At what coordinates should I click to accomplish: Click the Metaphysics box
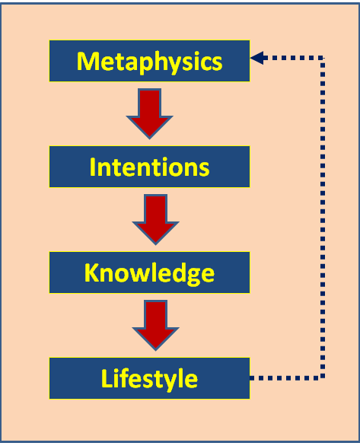149,61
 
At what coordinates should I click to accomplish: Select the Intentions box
149,166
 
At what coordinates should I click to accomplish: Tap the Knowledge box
149,272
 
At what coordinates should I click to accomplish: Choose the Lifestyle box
149,378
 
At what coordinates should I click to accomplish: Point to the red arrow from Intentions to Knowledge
155,218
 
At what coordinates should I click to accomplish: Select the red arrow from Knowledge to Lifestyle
155,324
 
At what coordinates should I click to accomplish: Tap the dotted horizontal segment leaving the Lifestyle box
285,378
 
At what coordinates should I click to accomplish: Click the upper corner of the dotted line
323,57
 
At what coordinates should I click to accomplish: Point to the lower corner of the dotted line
323,378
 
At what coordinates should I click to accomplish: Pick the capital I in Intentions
93,166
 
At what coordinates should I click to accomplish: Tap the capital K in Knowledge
91,272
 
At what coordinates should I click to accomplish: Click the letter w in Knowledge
152,273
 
